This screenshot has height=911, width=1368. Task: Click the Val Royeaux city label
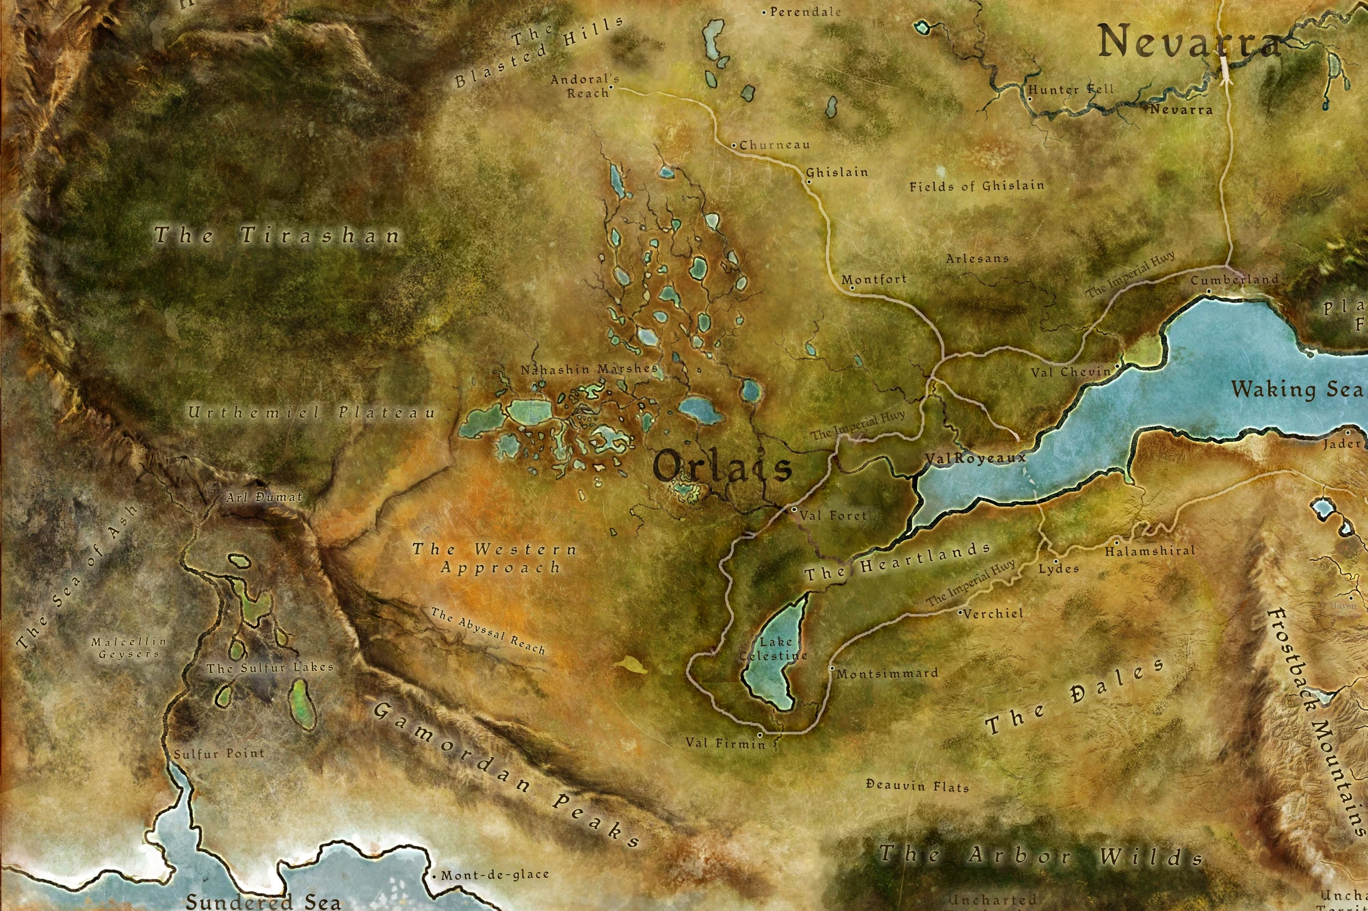(975, 458)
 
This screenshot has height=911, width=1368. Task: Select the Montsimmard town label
(887, 674)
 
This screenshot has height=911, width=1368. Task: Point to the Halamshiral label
(1150, 551)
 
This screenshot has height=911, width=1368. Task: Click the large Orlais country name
(722, 468)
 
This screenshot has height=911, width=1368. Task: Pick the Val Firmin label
(726, 743)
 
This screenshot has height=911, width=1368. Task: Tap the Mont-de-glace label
(495, 875)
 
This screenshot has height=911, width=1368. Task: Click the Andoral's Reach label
(584, 86)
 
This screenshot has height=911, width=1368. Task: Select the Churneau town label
(774, 145)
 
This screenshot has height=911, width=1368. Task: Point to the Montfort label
(874, 279)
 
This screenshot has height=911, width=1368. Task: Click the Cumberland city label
(1234, 280)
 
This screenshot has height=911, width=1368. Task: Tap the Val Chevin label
(1071, 372)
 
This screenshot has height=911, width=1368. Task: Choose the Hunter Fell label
(1071, 90)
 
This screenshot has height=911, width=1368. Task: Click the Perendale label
(805, 12)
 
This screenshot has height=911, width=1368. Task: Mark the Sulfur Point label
(219, 754)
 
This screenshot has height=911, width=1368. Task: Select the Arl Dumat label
(264, 497)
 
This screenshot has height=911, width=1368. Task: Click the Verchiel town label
(994, 614)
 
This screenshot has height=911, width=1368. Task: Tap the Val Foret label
(833, 516)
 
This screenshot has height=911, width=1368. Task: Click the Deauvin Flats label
(917, 786)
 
